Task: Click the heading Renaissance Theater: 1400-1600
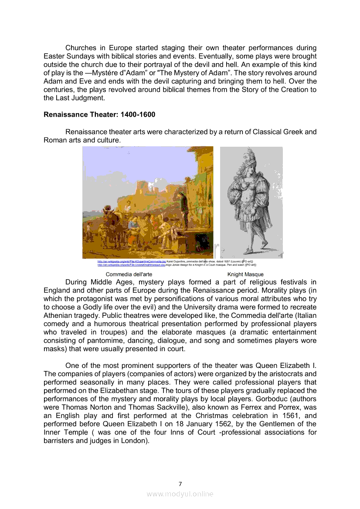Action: pyautogui.click(x=99, y=115)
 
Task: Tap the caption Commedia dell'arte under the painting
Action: pyautogui.click(x=129, y=274)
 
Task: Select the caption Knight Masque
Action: pyautogui.click(x=245, y=274)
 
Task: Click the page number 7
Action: pyautogui.click(x=180, y=484)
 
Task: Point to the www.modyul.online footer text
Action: pyautogui.click(x=180, y=494)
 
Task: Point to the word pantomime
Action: pyautogui.click(x=102, y=340)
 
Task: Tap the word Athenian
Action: pyautogui.click(x=59, y=316)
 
